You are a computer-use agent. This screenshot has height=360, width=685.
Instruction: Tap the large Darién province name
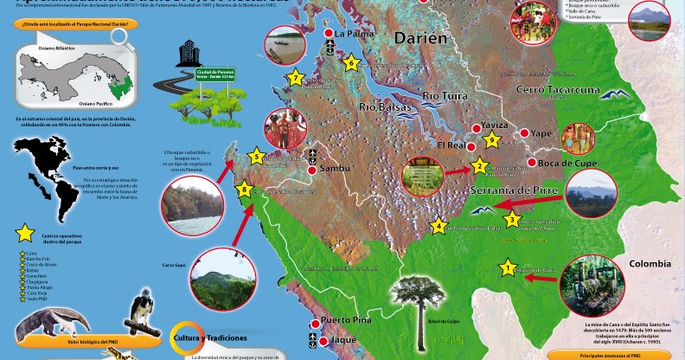point(423,39)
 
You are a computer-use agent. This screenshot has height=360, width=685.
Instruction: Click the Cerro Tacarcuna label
point(557,89)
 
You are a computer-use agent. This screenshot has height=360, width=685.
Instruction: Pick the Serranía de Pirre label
point(517,189)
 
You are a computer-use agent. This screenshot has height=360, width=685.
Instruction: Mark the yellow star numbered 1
point(508,269)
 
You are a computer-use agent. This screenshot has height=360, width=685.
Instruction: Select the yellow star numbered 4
point(439,228)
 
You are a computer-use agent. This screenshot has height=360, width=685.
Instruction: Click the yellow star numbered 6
point(351,62)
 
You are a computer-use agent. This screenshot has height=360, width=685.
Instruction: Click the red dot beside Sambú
point(312,170)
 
